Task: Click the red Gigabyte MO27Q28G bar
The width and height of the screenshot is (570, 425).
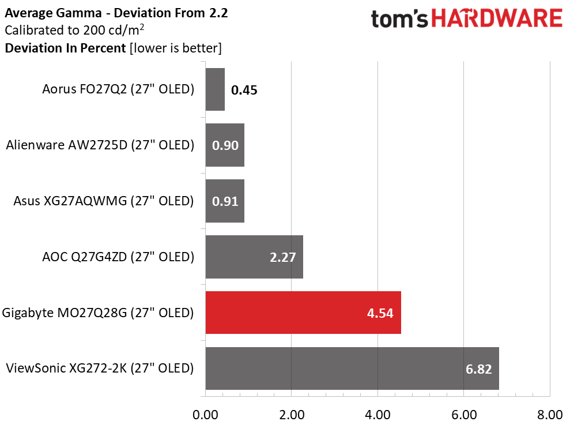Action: [303, 313]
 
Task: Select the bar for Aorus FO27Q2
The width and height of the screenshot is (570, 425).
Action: [215, 89]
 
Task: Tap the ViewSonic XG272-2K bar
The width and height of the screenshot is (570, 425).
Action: [352, 368]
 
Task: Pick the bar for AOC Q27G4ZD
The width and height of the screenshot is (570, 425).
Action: [254, 257]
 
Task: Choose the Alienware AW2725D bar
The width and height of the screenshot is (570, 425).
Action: [225, 145]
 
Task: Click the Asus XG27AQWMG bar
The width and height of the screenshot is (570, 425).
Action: [225, 201]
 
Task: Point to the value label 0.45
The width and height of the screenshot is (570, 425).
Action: [244, 90]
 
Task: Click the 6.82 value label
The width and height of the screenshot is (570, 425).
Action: [478, 369]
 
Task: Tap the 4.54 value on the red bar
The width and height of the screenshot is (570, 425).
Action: [380, 313]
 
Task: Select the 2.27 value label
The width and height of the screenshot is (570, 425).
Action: [282, 257]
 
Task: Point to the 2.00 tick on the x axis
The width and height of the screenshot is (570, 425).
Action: [291, 415]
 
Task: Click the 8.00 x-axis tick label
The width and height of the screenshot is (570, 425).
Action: [549, 415]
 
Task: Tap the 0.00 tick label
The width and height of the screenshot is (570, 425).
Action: [205, 415]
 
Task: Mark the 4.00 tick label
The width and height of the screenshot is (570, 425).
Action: [377, 415]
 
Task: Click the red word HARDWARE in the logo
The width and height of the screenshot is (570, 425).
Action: [497, 19]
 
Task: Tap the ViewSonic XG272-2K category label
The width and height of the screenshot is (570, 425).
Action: [99, 368]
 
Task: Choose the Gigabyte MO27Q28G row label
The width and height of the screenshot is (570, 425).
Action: [98, 313]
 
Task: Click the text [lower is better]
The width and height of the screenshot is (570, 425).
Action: [175, 48]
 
